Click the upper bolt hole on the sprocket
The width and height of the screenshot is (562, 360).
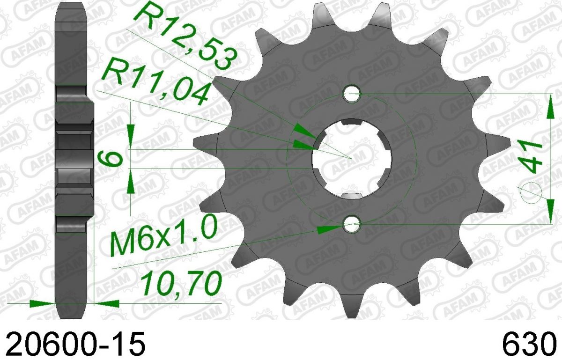(x=352, y=94)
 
